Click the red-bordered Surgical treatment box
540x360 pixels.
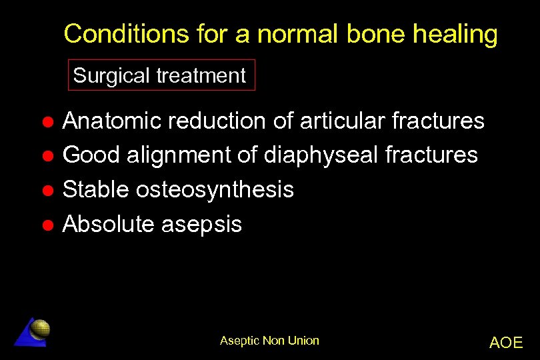[161, 76]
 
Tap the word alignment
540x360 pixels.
[183, 155]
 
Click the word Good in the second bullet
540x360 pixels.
[91, 155]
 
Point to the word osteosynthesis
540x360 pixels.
[215, 190]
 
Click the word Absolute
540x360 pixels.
[109, 225]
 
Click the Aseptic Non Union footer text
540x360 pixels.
[269, 341]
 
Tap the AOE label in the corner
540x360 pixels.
[506, 343]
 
